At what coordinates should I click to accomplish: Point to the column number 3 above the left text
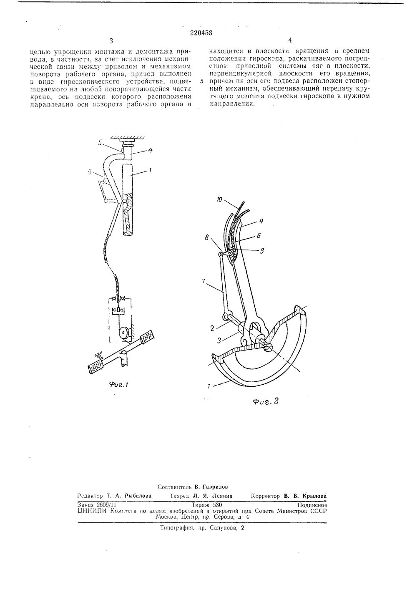(111, 40)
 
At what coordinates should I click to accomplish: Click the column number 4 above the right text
(289, 40)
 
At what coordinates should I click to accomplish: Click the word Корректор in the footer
(265, 496)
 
